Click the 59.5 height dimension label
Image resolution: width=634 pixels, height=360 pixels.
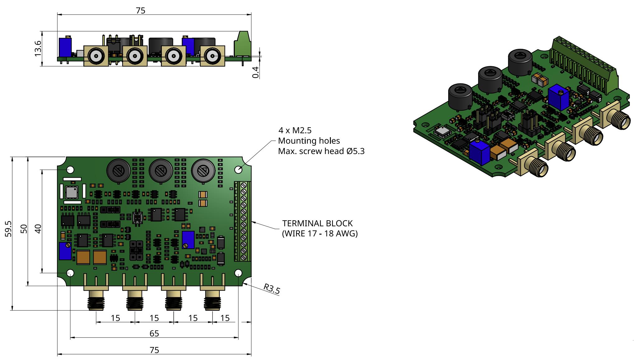[x=8, y=229]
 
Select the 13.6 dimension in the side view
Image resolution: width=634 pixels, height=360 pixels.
[x=38, y=48]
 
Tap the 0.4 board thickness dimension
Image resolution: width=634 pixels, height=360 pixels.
[x=256, y=72]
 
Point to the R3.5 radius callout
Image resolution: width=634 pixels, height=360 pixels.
[x=272, y=289]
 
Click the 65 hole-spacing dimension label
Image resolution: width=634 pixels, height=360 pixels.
[x=154, y=334]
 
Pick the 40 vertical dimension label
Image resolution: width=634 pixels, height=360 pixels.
[x=38, y=229]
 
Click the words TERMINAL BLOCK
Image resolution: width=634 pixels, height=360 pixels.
[x=317, y=223]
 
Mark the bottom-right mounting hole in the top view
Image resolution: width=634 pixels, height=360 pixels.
[x=238, y=273]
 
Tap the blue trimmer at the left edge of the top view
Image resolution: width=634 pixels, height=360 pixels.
[x=65, y=251]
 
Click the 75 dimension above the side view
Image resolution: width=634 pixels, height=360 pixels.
[x=141, y=11]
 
